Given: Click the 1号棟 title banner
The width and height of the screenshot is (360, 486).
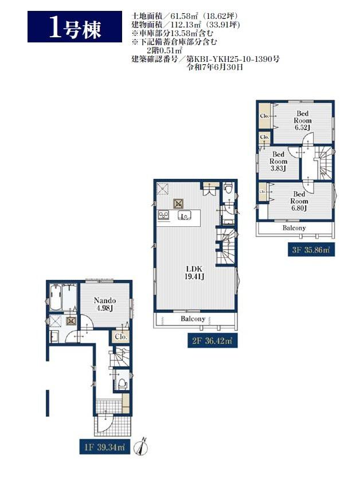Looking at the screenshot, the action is click(75, 27).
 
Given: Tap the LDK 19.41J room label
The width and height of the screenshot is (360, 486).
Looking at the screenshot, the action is click(194, 273).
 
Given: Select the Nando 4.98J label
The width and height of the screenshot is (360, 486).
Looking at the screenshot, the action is click(105, 304).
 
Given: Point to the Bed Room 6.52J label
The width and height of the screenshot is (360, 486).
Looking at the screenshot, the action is click(302, 120).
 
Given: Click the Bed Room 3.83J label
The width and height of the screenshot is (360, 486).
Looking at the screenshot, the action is click(278, 161).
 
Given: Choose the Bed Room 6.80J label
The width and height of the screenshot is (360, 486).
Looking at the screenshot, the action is click(299, 201).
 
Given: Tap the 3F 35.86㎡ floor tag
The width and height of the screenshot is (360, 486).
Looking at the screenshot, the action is click(311, 250).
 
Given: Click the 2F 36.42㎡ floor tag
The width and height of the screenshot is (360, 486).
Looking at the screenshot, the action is click(213, 341).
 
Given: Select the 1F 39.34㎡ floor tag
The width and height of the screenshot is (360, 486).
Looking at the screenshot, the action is click(104, 448).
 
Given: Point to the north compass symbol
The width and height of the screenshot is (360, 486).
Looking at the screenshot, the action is click(141, 446).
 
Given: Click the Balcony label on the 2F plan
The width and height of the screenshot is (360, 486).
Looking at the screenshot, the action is click(193, 319).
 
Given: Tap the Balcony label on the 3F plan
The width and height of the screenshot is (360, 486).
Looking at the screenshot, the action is click(294, 228).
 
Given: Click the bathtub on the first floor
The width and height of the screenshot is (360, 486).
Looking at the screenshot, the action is click(55, 297).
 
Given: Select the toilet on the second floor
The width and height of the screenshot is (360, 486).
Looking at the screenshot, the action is click(229, 187).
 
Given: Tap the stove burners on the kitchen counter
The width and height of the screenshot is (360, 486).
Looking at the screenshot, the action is click(163, 215).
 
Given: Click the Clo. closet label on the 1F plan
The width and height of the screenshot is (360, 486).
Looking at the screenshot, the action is click(120, 336).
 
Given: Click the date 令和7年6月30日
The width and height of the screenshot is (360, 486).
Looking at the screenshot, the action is click(214, 67).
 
